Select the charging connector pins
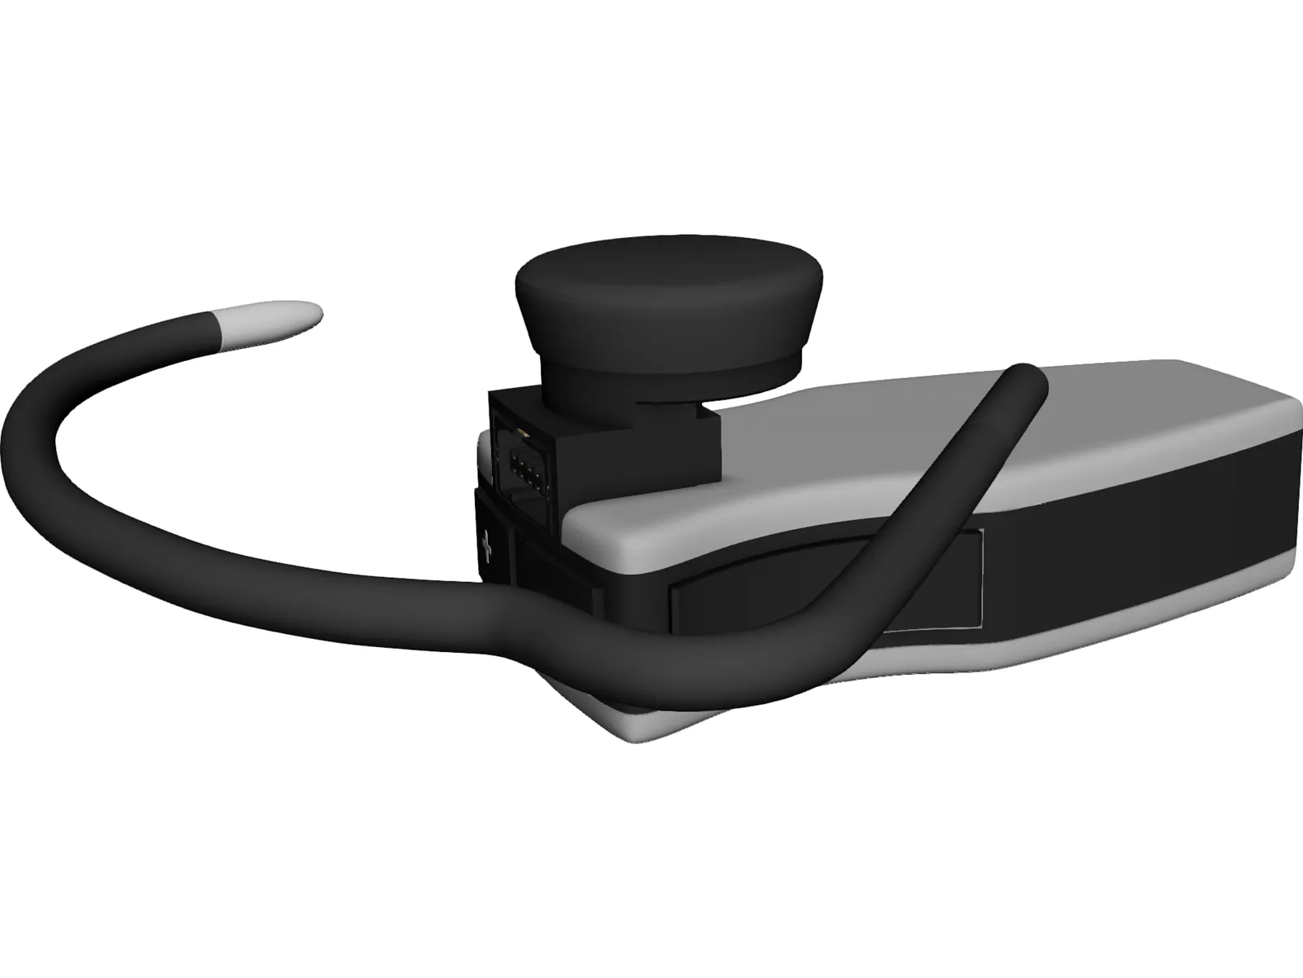pyautogui.click(x=522, y=469)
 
